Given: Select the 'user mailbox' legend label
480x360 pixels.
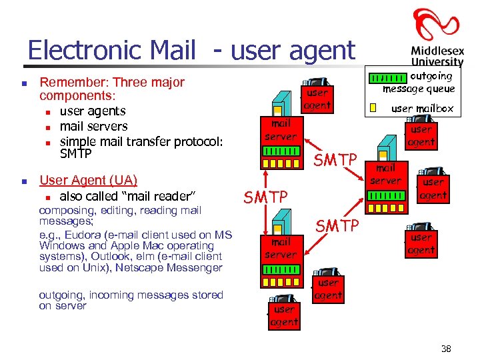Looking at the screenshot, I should (422, 108).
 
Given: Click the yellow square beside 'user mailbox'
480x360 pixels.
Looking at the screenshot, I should (373, 108).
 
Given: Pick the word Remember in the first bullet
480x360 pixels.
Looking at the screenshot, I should (72, 83).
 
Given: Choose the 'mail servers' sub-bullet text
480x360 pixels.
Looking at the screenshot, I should (93, 126).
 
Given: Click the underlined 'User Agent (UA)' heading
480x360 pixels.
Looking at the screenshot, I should (89, 180).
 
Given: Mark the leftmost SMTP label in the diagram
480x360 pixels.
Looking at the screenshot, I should (265, 197).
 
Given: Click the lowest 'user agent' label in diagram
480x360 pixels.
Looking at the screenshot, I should (284, 316).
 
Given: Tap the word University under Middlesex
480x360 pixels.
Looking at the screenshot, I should (437, 61).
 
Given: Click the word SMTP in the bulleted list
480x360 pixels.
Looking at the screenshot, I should (75, 154).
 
